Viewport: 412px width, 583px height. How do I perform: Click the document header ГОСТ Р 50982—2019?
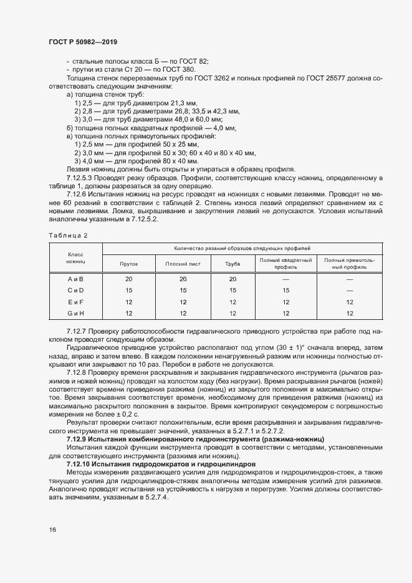coord(83,42)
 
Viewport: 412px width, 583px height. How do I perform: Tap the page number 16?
coord(52,529)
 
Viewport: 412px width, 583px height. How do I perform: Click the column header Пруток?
coord(129,264)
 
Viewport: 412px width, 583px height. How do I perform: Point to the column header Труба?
coord(232,264)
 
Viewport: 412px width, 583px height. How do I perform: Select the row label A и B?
coord(75,279)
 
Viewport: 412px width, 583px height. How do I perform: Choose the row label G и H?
coord(75,313)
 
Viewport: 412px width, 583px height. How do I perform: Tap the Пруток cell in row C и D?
coord(129,291)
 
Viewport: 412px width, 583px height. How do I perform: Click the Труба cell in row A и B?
coord(232,279)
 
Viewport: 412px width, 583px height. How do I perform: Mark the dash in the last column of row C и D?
coord(349,291)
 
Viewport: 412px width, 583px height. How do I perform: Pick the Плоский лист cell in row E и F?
coord(183,302)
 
